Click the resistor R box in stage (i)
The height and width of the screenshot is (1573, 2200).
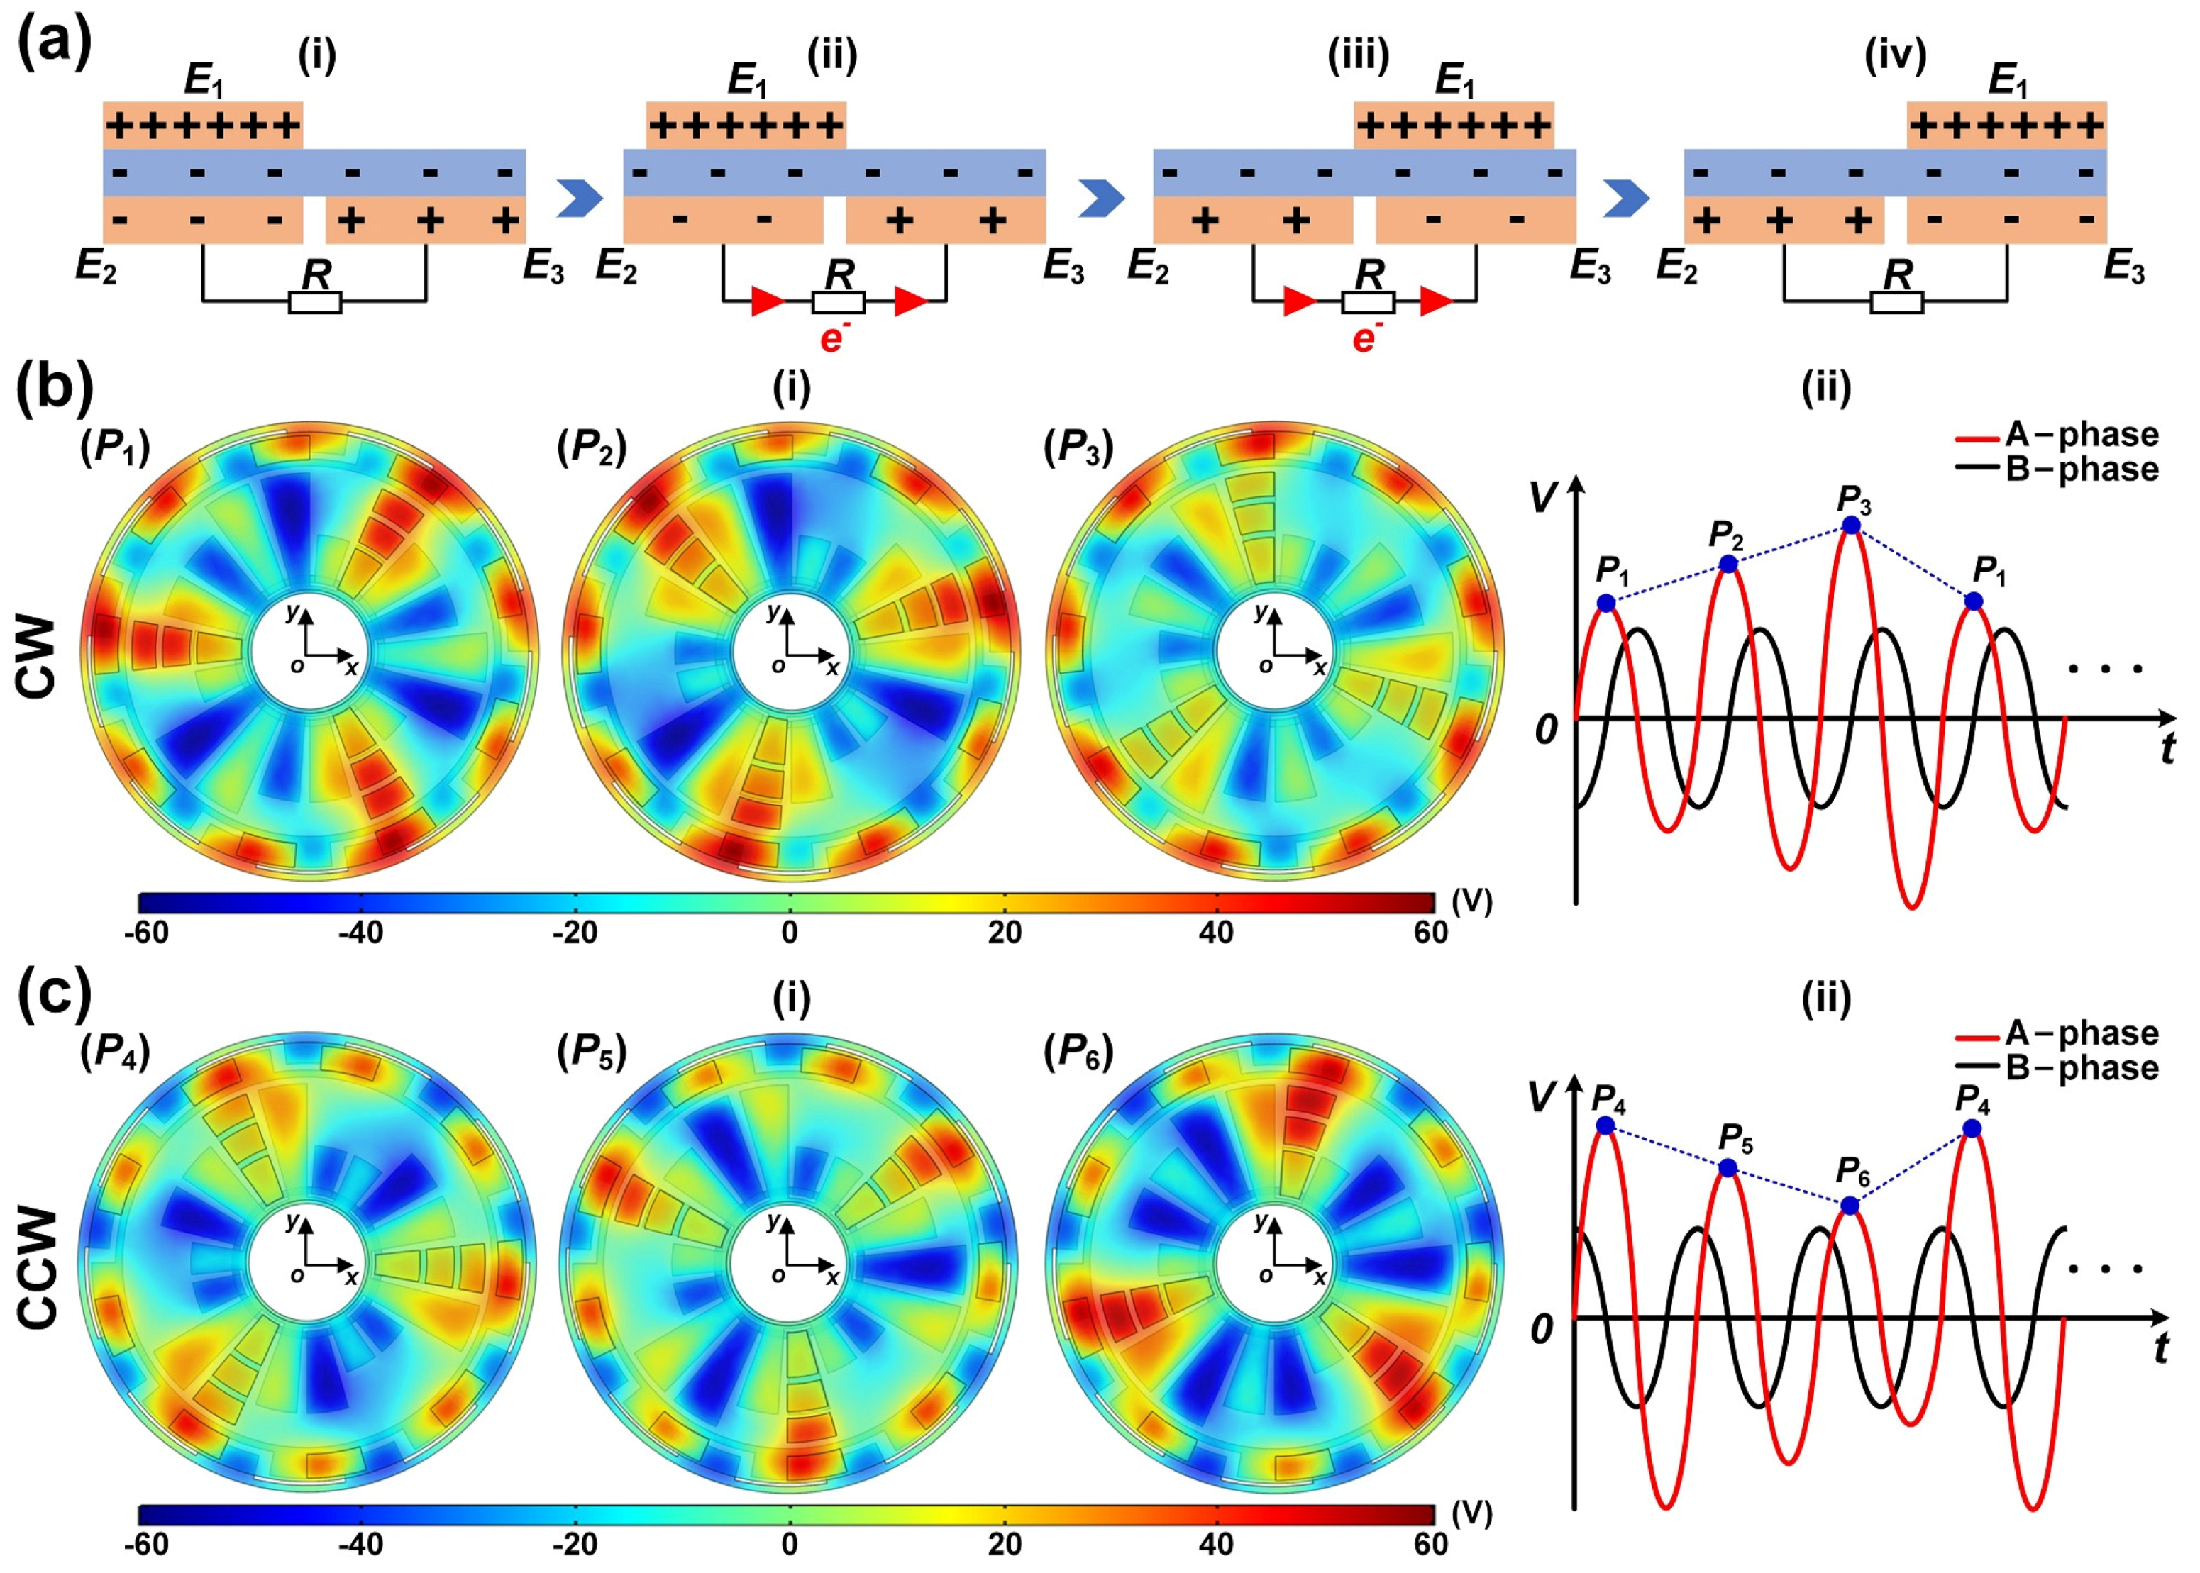coord(315,303)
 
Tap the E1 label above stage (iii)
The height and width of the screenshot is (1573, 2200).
coord(1454,82)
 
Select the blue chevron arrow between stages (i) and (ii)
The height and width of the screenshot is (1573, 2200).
coord(580,199)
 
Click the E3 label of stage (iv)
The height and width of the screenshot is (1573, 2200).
coord(2123,267)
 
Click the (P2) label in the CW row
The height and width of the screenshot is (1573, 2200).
coord(592,448)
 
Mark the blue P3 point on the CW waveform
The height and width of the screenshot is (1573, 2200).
coord(1850,525)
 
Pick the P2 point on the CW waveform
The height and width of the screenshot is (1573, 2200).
coord(1728,564)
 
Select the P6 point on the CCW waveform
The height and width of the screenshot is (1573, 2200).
coord(1850,1206)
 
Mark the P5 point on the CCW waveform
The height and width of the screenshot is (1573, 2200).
coord(1728,1168)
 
